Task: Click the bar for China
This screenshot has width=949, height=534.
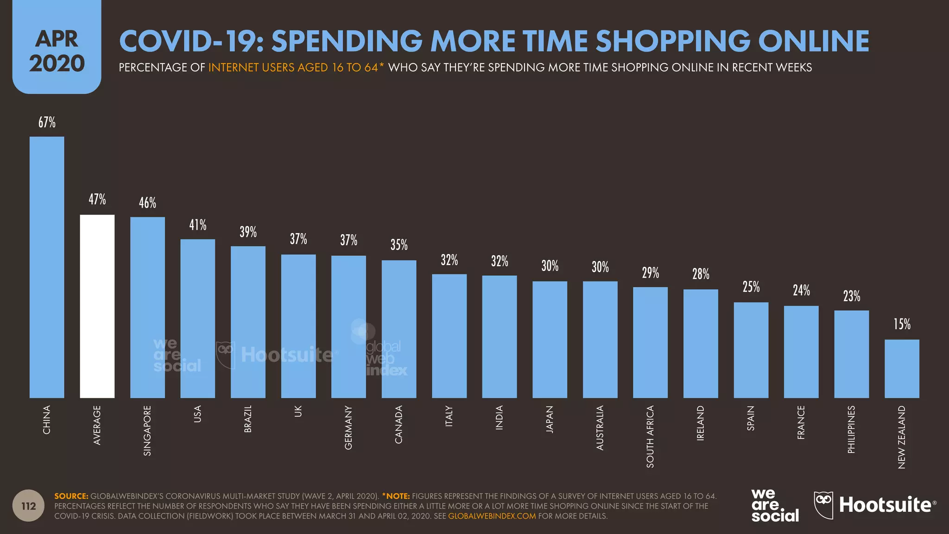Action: point(47,267)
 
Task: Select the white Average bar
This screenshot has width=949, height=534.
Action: point(97,306)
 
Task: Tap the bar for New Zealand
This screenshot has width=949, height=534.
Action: point(902,369)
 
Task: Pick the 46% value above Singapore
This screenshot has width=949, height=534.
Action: point(147,203)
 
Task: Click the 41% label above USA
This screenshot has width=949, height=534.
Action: point(198,225)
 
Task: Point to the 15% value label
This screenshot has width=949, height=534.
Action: point(902,324)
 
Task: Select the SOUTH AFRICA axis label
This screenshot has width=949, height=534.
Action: point(650,436)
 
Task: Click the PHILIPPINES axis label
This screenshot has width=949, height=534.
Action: point(851,429)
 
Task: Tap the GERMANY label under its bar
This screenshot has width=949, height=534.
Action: point(348,427)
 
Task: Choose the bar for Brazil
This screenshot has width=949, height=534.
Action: point(248,322)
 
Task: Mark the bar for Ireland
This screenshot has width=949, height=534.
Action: point(701,343)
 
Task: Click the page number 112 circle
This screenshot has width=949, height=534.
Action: point(29,506)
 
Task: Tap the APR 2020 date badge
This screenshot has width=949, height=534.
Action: point(57,51)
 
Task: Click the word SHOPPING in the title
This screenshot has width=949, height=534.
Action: point(672,41)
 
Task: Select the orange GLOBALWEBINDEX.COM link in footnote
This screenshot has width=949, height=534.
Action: point(492,516)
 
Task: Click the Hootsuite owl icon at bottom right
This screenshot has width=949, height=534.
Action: point(823,505)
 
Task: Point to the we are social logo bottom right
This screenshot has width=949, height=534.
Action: point(774,505)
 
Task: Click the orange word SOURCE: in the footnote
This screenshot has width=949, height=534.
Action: point(71,496)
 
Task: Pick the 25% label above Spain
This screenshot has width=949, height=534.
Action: point(751,287)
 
